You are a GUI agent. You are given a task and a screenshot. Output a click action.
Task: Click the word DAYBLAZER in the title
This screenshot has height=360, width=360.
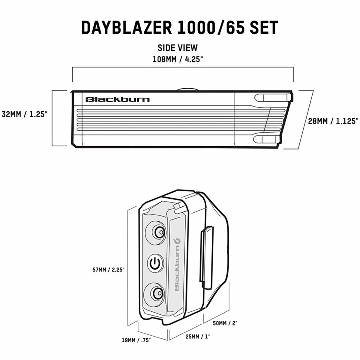coord(127,28)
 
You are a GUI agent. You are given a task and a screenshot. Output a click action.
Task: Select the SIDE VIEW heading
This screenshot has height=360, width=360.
coord(178,48)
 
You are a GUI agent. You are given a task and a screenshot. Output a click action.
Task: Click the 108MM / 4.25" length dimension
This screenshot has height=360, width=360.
coord(178,59)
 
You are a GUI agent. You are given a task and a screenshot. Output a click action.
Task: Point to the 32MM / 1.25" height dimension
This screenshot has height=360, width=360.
coord(25,114)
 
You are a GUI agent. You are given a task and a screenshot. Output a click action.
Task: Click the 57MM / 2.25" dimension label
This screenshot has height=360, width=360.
coord(108,270)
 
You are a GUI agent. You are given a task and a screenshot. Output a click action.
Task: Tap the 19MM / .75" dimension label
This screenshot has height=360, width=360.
coord(136,340)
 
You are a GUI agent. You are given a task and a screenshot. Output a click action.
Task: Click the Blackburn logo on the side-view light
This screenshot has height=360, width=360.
coord(118,99)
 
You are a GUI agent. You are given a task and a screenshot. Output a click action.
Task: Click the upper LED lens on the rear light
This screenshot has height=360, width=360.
coord(157,232)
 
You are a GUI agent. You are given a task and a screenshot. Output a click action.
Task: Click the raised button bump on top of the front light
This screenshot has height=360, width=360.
coord(187,89)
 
